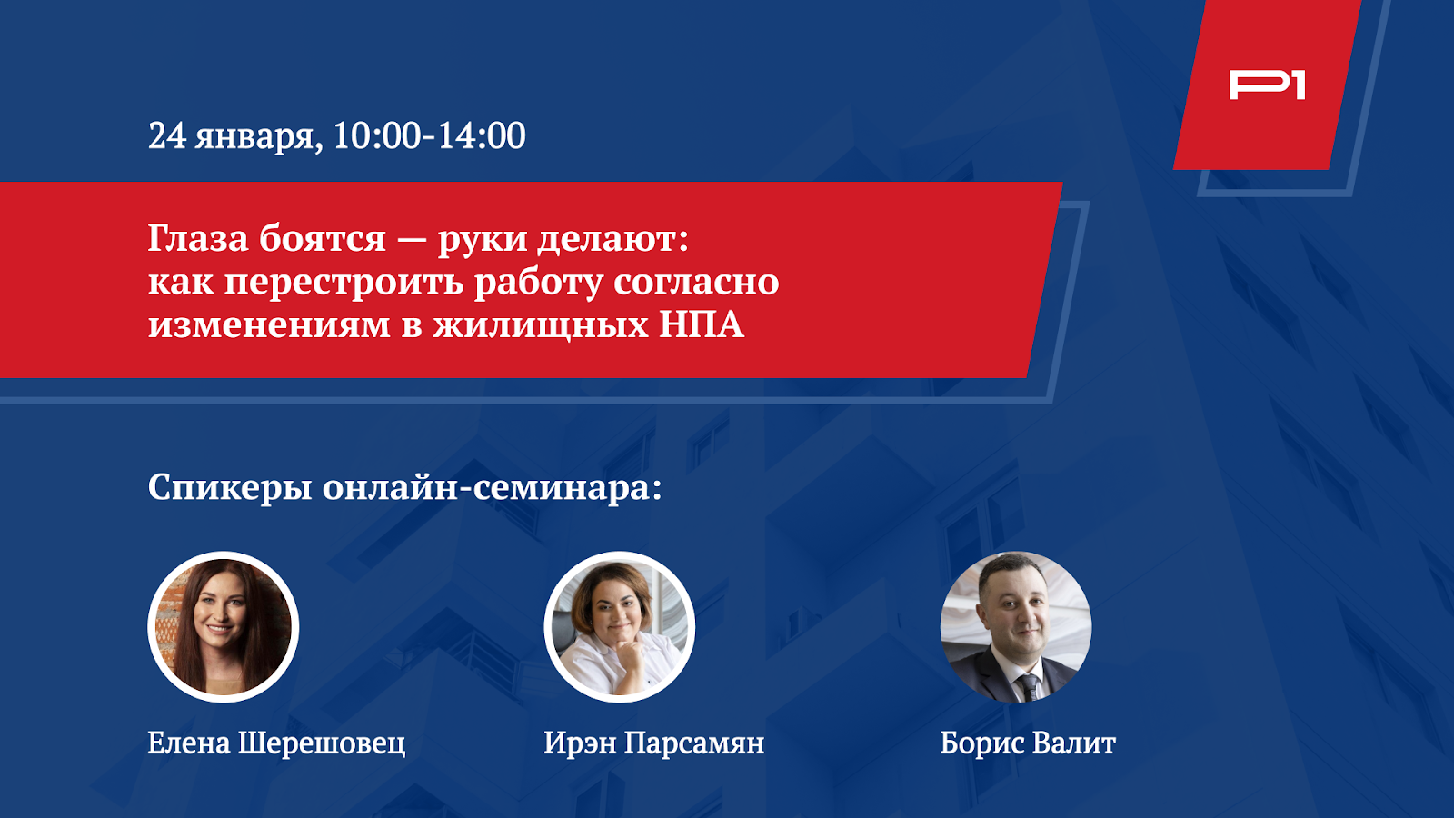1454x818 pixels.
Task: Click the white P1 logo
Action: pyautogui.click(x=1267, y=86)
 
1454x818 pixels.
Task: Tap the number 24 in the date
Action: pyautogui.click(x=167, y=135)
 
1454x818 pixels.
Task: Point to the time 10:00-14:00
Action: pyautogui.click(x=430, y=135)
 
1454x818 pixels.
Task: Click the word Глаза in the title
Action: pyautogui.click(x=199, y=238)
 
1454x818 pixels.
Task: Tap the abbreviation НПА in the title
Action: pyautogui.click(x=702, y=324)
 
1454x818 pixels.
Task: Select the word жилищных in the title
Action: pyautogui.click(x=541, y=326)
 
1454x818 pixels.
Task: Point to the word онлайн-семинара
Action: pyautogui.click(x=492, y=487)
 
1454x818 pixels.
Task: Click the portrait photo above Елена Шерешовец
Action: pyautogui.click(x=224, y=627)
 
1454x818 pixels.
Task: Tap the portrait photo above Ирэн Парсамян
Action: pyautogui.click(x=619, y=627)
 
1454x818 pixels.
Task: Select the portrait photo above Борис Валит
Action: pyautogui.click(x=1016, y=627)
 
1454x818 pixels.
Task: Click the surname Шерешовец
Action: pyautogui.click(x=322, y=743)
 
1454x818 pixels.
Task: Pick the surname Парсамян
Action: pyautogui.click(x=694, y=743)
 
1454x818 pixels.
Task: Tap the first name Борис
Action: pyautogui.click(x=981, y=743)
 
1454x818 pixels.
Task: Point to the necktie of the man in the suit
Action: pyautogui.click(x=1029, y=687)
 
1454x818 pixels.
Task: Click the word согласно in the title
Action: pyautogui.click(x=696, y=282)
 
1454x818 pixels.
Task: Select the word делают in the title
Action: pyautogui.click(x=613, y=240)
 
